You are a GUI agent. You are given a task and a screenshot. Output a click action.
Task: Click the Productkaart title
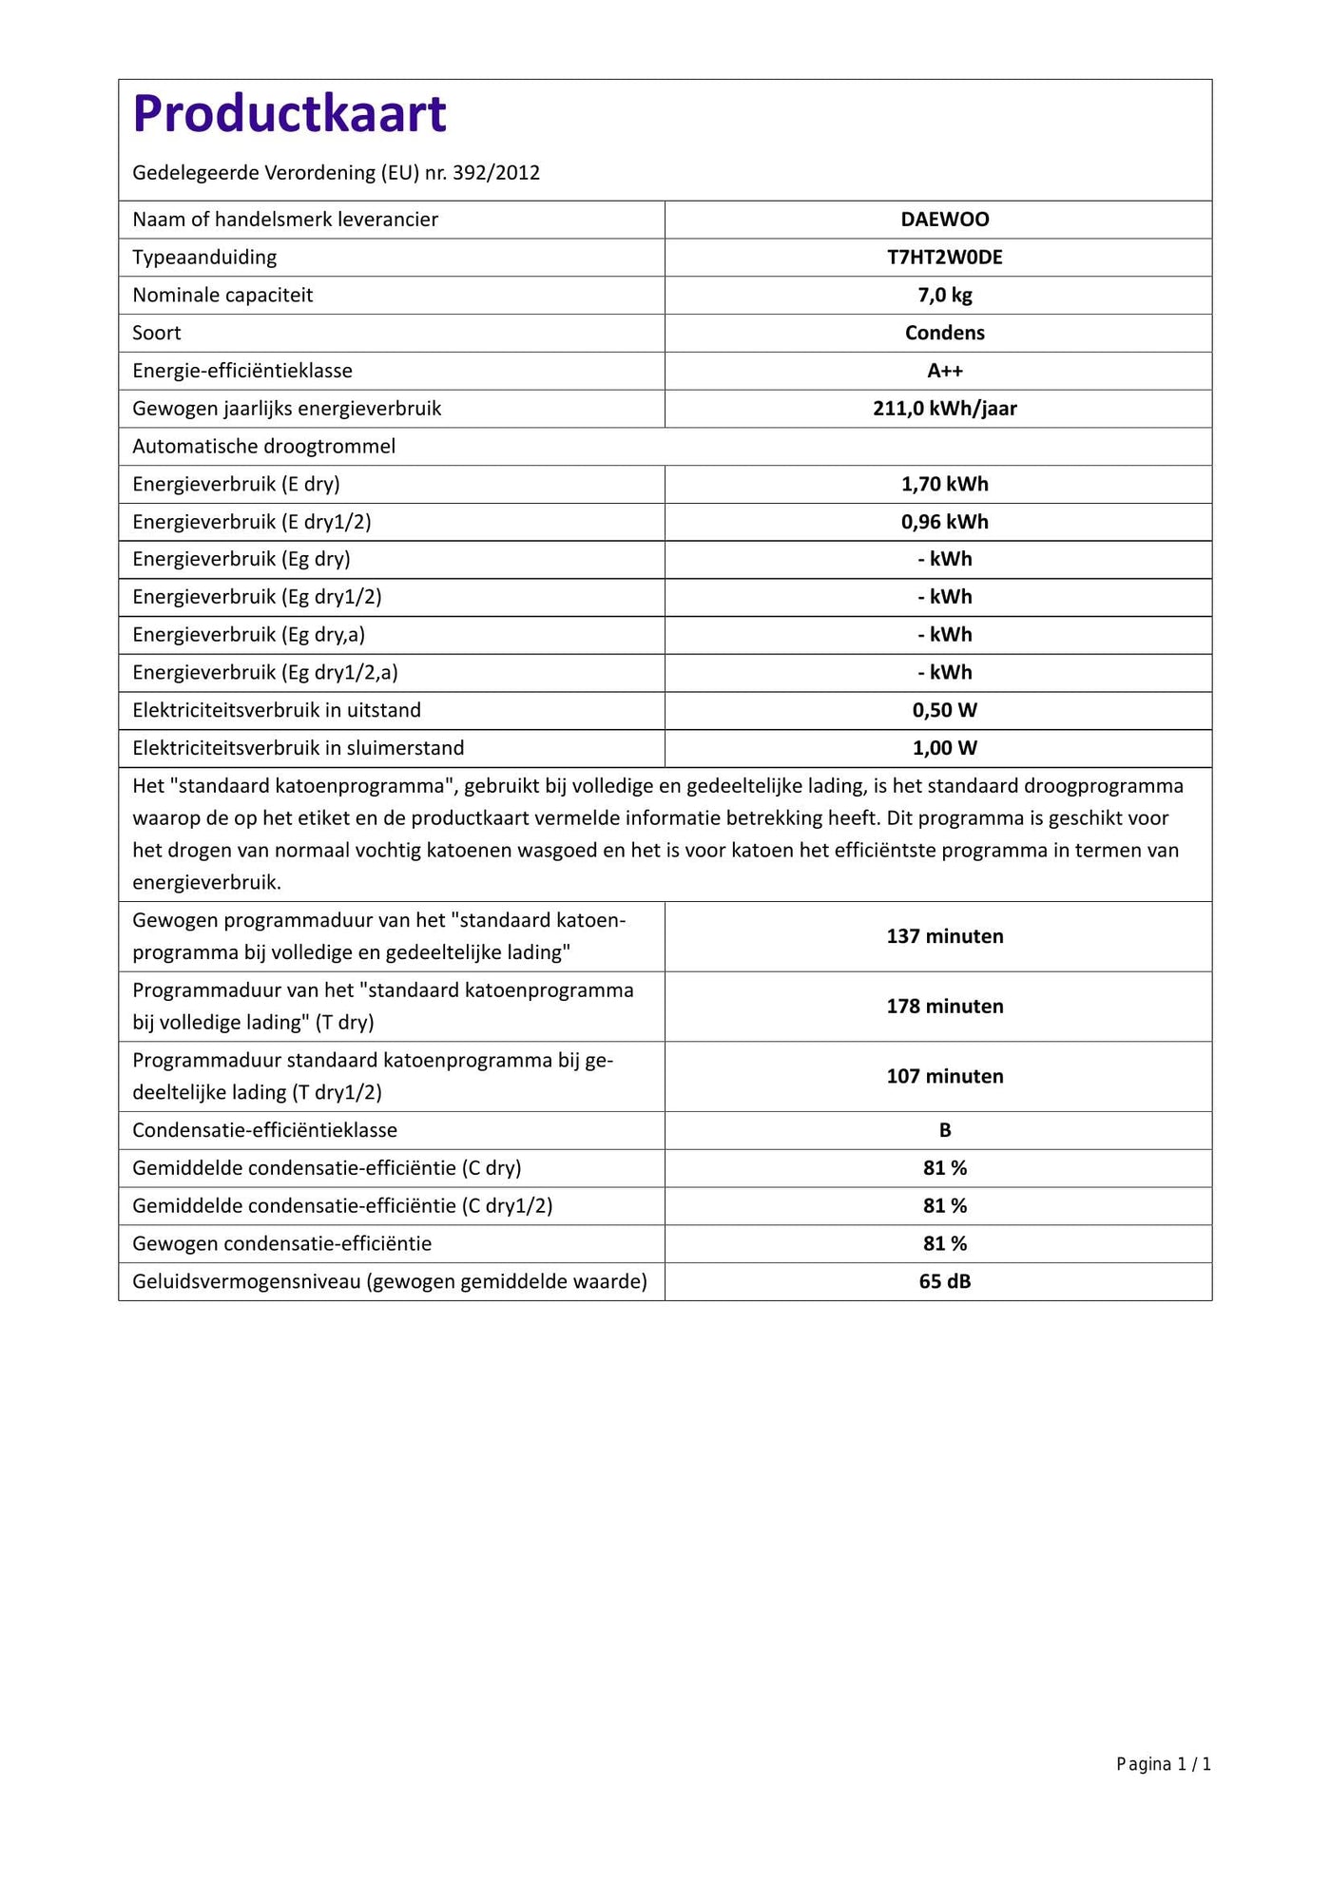(289, 114)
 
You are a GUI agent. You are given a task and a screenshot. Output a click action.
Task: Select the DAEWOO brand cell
(944, 220)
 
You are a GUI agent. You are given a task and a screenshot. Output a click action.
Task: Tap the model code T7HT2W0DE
(944, 258)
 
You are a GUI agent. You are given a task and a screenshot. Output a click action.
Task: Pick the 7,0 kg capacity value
(944, 296)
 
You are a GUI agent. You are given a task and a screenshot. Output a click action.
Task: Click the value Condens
(944, 333)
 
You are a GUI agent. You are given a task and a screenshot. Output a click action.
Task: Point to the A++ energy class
(944, 371)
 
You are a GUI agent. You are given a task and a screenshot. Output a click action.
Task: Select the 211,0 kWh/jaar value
(944, 409)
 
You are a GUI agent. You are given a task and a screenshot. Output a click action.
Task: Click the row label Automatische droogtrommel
(263, 447)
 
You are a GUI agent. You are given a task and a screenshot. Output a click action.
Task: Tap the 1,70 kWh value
(944, 484)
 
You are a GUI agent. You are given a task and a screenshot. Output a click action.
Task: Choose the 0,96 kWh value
(944, 522)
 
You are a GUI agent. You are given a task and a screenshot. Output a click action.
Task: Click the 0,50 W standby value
(944, 710)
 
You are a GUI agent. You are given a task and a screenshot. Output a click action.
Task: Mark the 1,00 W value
(944, 748)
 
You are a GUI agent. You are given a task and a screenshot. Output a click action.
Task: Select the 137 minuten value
(944, 936)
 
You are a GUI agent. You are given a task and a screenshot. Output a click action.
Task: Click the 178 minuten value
(944, 1007)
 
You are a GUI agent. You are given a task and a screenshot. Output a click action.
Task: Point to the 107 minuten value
(944, 1076)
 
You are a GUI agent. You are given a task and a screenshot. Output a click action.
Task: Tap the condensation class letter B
(944, 1130)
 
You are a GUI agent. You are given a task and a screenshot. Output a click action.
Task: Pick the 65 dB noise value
(944, 1281)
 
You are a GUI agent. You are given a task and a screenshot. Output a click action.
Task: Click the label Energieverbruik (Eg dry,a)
(248, 635)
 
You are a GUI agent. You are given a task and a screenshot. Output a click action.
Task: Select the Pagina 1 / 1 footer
(1163, 1765)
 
